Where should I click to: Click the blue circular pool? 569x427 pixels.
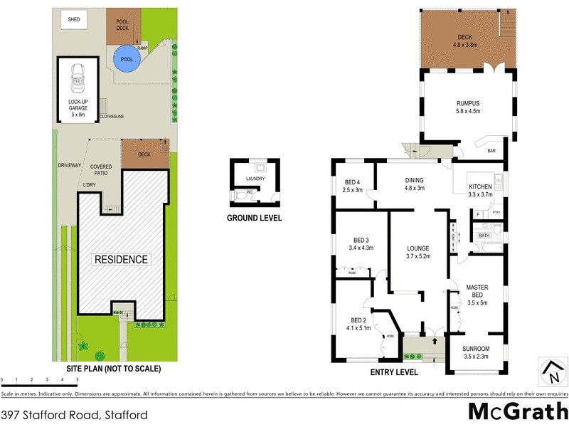(127, 60)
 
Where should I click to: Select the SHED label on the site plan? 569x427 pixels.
(74, 20)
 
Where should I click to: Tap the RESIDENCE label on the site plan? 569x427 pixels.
(122, 260)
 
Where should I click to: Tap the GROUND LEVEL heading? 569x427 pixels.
(254, 218)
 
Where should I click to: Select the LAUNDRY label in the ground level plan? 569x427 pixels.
(254, 179)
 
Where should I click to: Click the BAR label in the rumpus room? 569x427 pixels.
(491, 151)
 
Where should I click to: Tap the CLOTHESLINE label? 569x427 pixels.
(112, 116)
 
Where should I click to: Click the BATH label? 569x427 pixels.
(484, 235)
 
